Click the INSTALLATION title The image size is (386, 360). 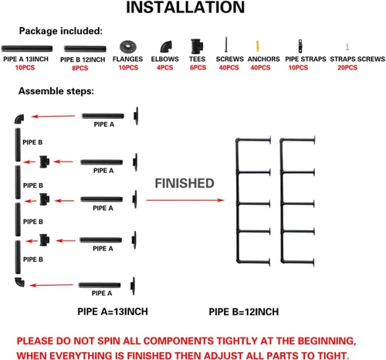click(x=185, y=7)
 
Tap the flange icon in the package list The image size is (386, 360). click(x=128, y=47)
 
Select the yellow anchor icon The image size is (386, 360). click(x=257, y=46)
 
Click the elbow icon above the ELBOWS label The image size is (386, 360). click(x=166, y=46)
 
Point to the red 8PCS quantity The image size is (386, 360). click(x=80, y=68)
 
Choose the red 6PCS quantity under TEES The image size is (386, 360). click(x=198, y=67)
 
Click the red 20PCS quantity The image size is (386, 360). click(x=347, y=67)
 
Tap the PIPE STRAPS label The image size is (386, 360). click(x=306, y=59)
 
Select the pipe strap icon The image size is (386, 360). click(x=300, y=46)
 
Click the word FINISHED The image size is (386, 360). click(x=185, y=183)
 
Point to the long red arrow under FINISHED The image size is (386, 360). click(x=185, y=200)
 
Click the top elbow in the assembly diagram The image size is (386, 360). click(x=19, y=119)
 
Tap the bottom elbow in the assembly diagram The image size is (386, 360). click(x=19, y=282)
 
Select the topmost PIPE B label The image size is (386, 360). click(x=32, y=142)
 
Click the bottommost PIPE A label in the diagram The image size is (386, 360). click(x=102, y=293)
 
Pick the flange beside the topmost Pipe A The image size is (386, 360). click(x=136, y=116)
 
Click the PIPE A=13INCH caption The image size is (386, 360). click(x=113, y=311)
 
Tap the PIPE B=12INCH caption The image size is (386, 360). click(x=244, y=312)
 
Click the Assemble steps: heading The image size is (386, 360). click(x=56, y=91)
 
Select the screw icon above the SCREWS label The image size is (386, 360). click(x=226, y=44)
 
